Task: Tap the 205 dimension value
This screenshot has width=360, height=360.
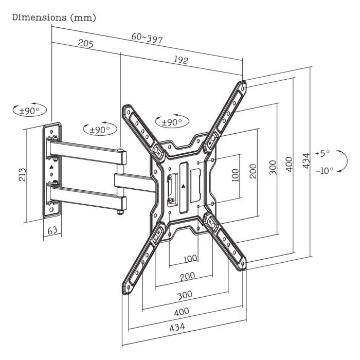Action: tap(85, 44)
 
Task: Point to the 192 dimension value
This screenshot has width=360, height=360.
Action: tap(181, 59)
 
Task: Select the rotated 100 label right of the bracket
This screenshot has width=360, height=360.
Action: tap(235, 175)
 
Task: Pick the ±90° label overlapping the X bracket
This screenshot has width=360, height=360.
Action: tap(172, 122)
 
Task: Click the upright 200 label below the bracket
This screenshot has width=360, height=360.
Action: tap(187, 277)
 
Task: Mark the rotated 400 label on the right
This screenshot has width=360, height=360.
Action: tap(289, 164)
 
